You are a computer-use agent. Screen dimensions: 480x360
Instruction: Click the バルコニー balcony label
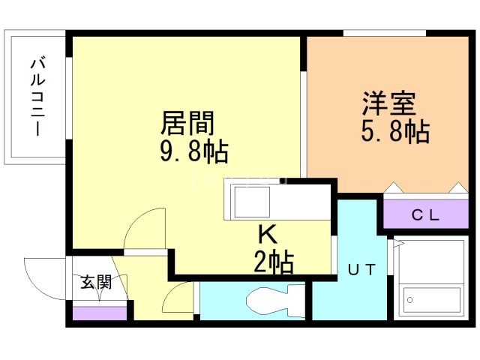38,97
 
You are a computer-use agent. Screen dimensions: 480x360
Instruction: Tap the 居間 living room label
187,123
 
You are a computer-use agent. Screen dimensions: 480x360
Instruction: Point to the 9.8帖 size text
194,151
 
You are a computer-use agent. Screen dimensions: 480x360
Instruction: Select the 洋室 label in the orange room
388,103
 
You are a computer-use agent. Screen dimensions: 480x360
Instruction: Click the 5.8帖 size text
395,132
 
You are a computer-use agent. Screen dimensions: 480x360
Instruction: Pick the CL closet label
425,215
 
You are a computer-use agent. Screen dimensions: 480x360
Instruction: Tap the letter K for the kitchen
268,234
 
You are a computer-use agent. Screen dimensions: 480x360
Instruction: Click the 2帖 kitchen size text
274,262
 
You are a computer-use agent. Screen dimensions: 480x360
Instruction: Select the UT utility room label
361,270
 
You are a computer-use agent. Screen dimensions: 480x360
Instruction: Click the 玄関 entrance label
96,282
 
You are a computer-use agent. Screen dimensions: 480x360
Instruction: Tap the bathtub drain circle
410,300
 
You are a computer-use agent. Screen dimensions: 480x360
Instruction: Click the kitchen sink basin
252,202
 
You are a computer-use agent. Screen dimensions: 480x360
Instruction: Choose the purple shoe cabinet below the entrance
100,313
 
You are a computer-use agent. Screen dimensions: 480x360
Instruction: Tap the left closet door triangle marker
394,187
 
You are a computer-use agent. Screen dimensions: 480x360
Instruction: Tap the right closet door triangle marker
458,187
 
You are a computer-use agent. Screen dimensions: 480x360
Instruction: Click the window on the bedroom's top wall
385,33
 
